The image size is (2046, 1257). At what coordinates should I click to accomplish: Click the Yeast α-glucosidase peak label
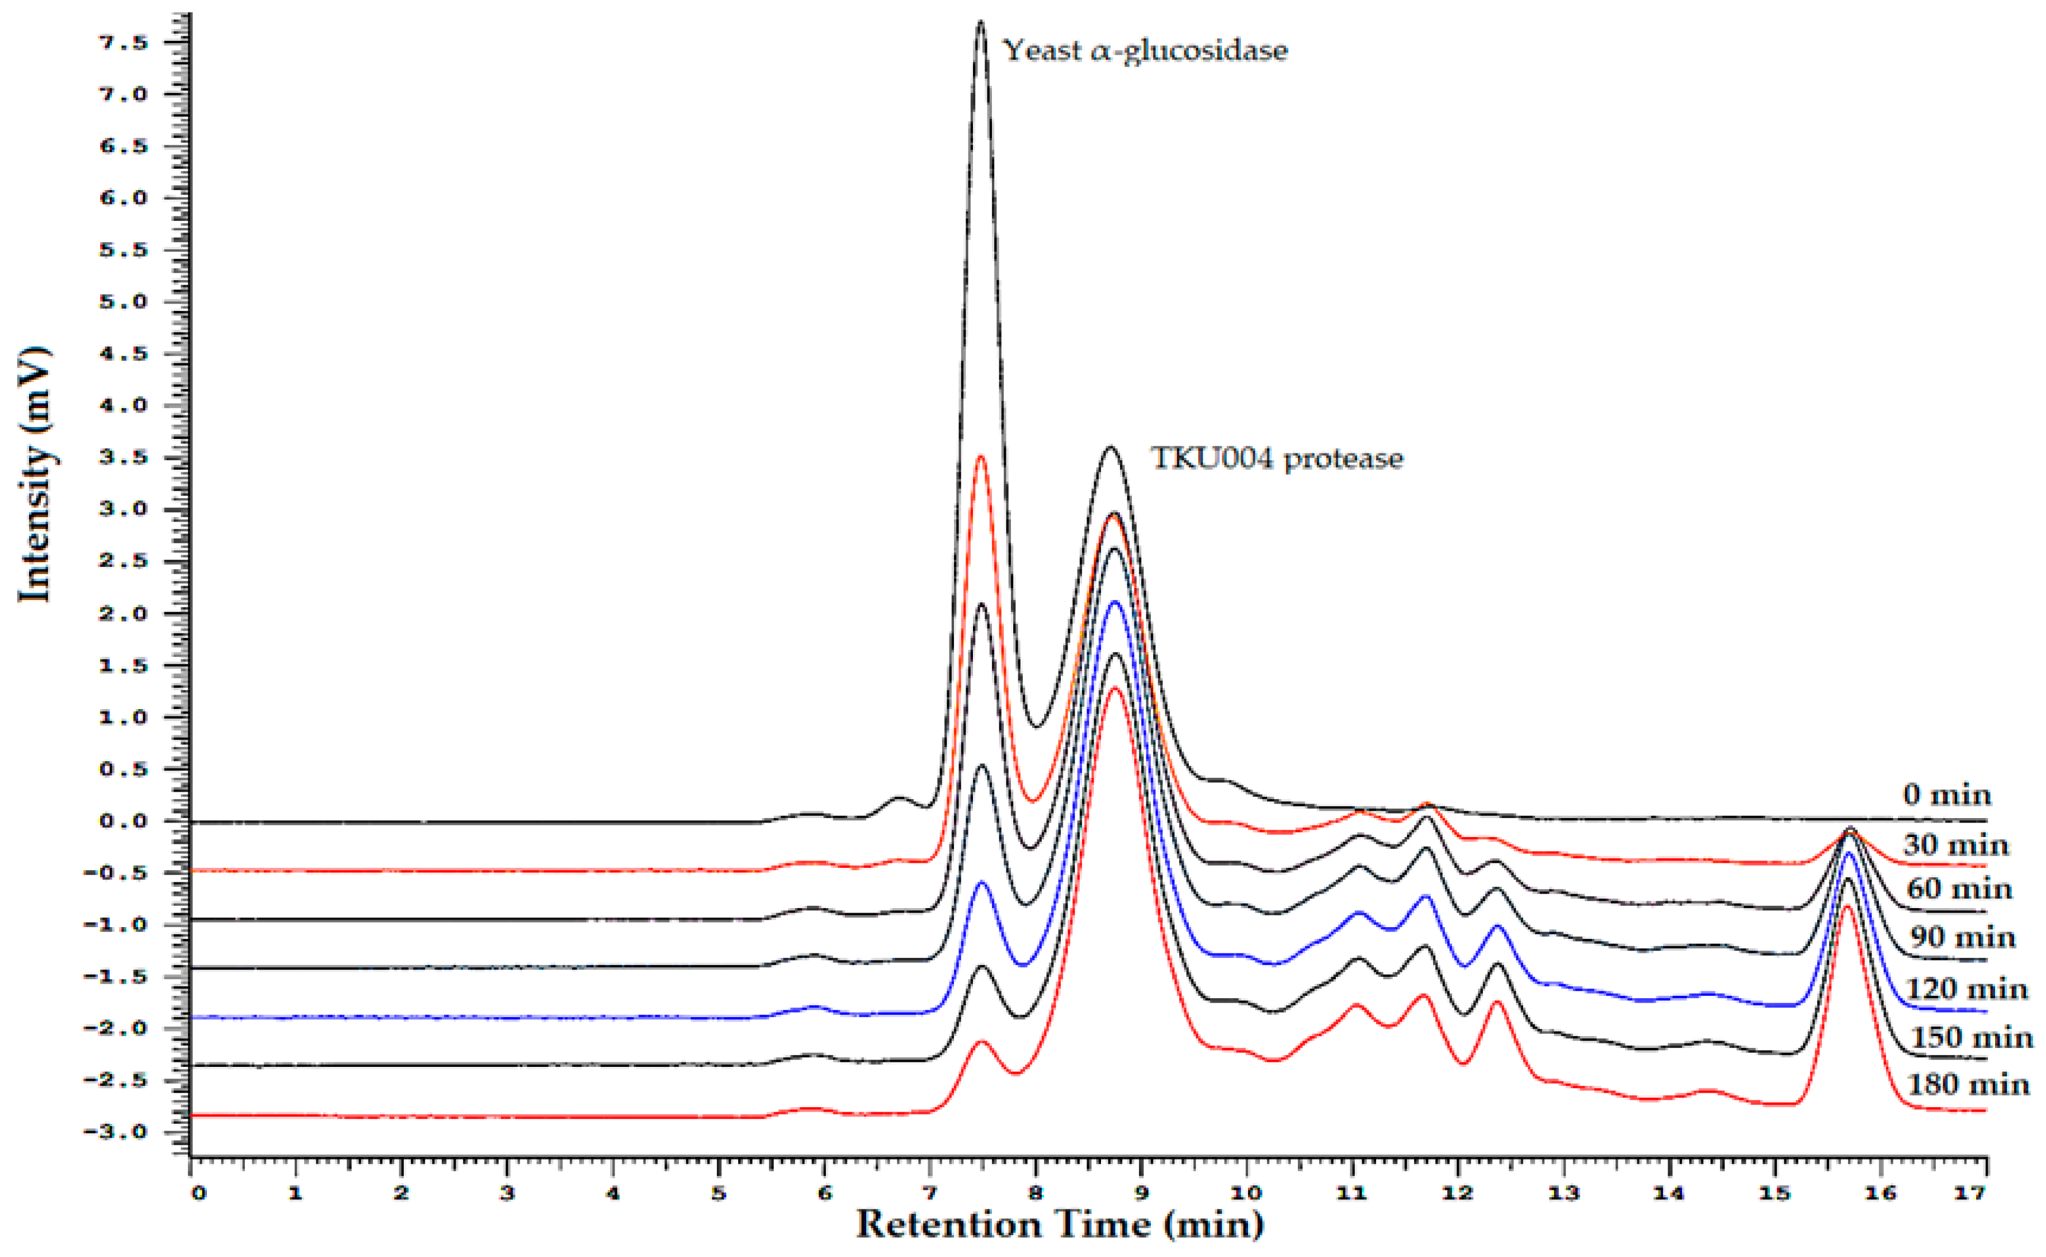(1145, 51)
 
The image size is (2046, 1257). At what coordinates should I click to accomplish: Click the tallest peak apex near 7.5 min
(980, 22)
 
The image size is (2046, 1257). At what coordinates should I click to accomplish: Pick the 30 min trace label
(1955, 845)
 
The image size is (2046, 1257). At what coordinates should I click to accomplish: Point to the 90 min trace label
(1962, 938)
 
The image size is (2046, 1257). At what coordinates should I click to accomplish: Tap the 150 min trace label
(1971, 1037)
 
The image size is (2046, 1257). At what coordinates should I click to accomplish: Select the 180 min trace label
(1968, 1085)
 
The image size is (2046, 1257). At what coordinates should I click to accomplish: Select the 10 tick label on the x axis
(1245, 1194)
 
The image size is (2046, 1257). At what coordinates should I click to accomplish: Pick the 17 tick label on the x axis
(1969, 1194)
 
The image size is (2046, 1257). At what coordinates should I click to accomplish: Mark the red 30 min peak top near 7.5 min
(980, 457)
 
